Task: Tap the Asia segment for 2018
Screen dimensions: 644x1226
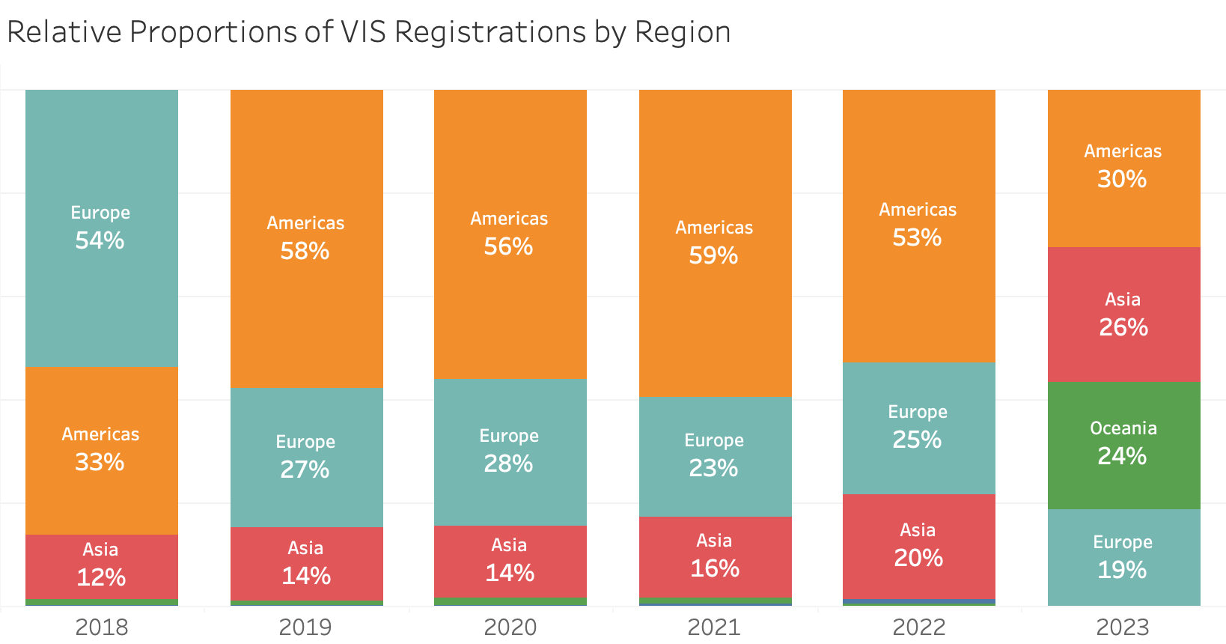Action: tap(101, 565)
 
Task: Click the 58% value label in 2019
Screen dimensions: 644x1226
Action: tap(305, 251)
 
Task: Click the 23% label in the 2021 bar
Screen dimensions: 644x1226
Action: tap(713, 469)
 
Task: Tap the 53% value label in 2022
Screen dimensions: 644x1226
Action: tap(917, 237)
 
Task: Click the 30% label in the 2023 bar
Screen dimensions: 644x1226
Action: tap(1122, 179)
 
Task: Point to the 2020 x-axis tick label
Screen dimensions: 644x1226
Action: tap(510, 627)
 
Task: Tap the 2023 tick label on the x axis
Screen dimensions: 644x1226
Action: tap(1122, 627)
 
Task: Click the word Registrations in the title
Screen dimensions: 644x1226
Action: tap(490, 33)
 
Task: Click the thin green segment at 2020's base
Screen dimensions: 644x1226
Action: tap(510, 601)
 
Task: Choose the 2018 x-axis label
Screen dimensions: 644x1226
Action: tap(101, 627)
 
